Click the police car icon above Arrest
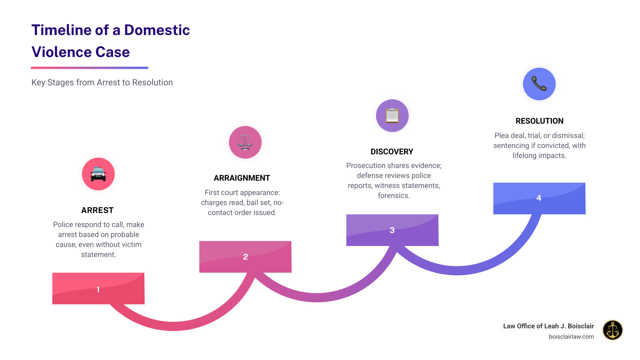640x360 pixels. pos(98,174)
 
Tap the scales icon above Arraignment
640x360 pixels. pos(245,142)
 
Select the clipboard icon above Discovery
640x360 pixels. pos(392,116)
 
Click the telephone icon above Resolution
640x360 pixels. pos(539,84)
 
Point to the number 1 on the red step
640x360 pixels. pos(98,289)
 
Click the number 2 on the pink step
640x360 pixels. pos(245,257)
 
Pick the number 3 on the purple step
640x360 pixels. pos(392,230)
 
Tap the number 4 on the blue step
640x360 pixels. pos(539,198)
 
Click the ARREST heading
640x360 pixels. pos(97,210)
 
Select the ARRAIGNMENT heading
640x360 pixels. pos(242,178)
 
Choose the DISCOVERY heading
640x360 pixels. pos(392,152)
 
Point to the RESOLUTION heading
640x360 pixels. pos(539,121)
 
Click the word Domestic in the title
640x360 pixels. pos(157,30)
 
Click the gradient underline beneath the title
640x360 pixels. pos(89,68)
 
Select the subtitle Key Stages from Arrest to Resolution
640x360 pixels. pos(102,82)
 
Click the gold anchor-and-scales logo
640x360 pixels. pos(612,330)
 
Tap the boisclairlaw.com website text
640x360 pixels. pos(571,337)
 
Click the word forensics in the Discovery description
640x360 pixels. pos(393,196)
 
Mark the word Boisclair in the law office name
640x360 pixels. pos(581,326)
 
